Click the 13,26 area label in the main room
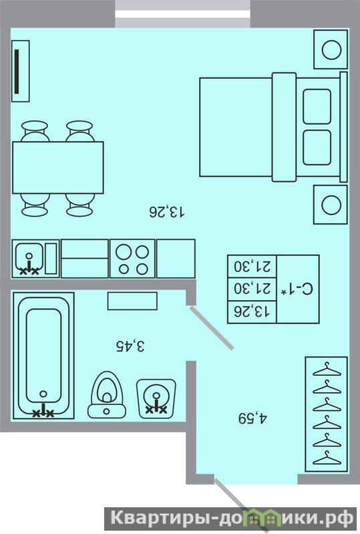168,212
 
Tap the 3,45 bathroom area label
130,346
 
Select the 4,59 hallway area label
253,418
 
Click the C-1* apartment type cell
298,289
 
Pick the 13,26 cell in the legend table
252,311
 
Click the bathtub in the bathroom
43,356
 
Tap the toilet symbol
106,395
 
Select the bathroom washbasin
156,398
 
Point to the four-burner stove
132,259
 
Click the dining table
58,168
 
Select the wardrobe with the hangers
327,414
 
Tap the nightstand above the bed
331,49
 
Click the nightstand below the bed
331,205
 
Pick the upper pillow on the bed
317,106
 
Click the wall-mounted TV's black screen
17,71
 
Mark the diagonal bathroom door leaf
212,328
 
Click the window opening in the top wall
183,13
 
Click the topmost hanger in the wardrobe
327,370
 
